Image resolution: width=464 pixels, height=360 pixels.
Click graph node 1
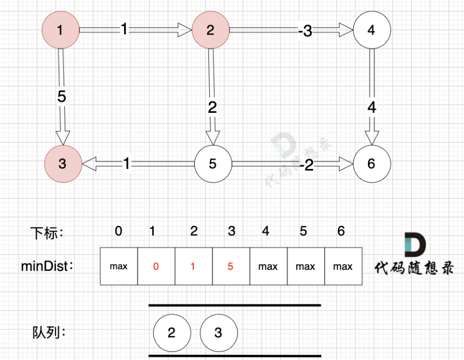click(60, 30)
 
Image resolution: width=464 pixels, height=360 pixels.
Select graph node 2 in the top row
click(210, 30)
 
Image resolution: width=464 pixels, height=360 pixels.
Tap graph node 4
click(371, 30)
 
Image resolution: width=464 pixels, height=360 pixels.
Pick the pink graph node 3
click(63, 164)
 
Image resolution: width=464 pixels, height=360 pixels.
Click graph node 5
click(213, 164)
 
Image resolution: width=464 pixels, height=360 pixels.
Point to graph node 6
click(371, 164)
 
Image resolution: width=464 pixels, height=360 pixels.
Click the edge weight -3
click(305, 31)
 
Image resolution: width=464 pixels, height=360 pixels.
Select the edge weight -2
click(306, 166)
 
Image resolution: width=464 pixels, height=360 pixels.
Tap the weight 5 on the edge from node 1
click(62, 97)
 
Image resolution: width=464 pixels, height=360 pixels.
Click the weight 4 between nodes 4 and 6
click(372, 107)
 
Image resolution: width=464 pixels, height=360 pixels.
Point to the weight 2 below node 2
click(212, 107)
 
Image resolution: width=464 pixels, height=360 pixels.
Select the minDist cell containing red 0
click(156, 267)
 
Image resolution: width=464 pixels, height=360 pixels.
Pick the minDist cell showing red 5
click(231, 267)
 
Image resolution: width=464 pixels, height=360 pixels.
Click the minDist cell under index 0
click(119, 267)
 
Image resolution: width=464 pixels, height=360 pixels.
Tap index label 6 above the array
click(341, 231)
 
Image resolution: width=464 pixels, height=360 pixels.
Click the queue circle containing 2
click(172, 332)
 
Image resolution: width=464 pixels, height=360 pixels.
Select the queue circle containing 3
click(219, 332)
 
